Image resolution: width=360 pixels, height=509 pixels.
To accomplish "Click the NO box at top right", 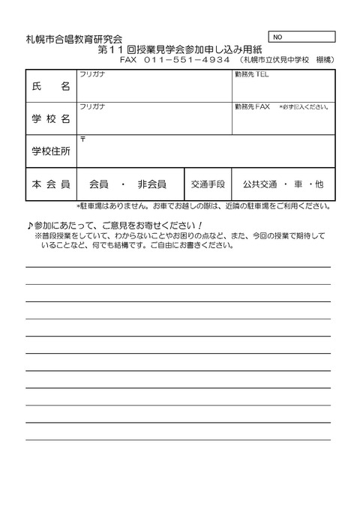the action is [x=301, y=36].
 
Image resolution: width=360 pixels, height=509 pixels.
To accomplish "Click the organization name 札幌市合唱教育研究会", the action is [x=73, y=38].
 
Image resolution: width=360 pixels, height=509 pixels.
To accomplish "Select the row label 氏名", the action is [x=51, y=87].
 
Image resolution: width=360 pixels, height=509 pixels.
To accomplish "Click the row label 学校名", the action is [x=51, y=119].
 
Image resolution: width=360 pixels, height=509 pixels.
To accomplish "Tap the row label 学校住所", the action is [x=51, y=151].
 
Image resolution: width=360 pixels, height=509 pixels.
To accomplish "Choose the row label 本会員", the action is [x=51, y=184].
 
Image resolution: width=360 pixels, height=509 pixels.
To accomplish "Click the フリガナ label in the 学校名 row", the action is [x=91, y=107].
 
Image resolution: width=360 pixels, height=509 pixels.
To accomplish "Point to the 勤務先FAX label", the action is [x=252, y=107].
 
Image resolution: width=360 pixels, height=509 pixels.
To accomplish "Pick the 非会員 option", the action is [x=151, y=184].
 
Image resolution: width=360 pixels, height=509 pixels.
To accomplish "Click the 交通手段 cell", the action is [x=208, y=184].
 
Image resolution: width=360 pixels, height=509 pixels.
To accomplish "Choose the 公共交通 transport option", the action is [x=256, y=184].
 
